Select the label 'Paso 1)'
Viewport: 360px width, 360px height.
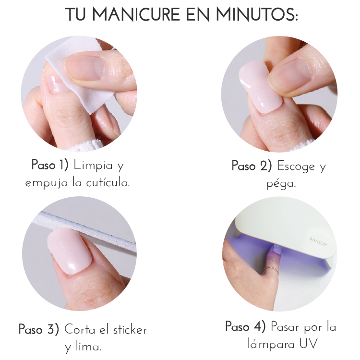50,165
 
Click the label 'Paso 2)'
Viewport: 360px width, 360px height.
252,166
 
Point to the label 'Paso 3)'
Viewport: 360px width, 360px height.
39,329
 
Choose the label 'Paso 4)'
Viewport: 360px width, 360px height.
245,326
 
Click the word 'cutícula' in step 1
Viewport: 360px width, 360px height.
108,182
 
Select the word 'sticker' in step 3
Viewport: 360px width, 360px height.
130,330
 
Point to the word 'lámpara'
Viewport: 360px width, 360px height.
271,344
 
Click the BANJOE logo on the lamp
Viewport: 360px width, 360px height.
318,241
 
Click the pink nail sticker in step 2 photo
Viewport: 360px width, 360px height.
260,88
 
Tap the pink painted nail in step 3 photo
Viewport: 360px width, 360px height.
70,251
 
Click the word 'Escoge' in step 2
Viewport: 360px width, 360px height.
296,166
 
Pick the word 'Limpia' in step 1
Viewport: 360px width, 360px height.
93,165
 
